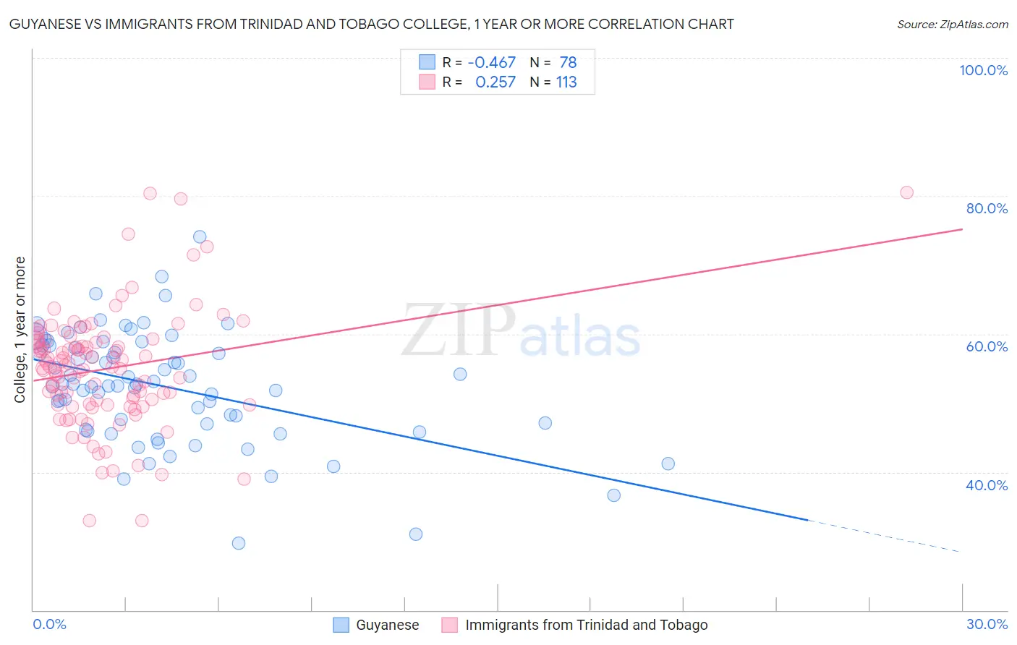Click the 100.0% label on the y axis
point(983,70)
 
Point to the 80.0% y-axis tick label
point(987,208)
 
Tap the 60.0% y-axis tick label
point(987,346)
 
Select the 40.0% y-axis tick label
point(987,485)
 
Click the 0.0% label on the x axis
point(50,624)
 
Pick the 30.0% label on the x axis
point(987,624)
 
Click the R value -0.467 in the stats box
point(492,63)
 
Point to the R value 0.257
point(495,82)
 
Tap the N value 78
point(568,63)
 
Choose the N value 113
point(566,82)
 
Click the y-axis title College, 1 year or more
point(20,330)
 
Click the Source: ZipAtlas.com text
point(952,25)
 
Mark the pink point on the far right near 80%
point(906,192)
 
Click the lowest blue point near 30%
point(239,543)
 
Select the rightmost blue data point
point(668,464)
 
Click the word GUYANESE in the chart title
point(46,25)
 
